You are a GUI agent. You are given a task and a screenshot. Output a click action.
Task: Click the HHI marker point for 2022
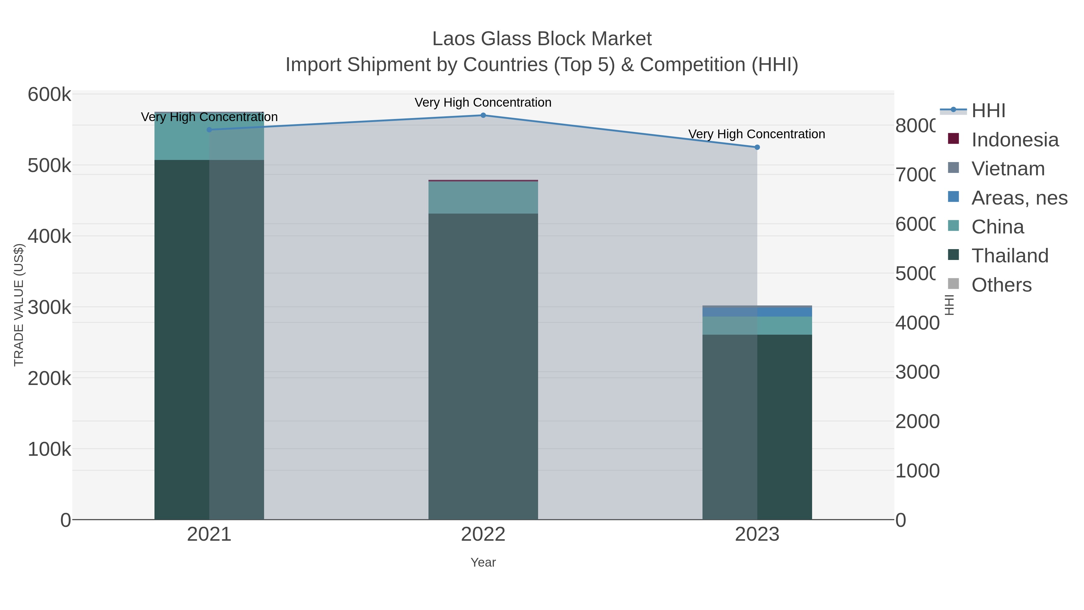pyautogui.click(x=483, y=115)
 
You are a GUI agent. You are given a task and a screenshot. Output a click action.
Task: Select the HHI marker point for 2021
pyautogui.click(x=209, y=130)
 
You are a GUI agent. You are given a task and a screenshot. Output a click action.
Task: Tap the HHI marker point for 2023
pyautogui.click(x=757, y=147)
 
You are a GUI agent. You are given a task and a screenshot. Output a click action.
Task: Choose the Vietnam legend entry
pyautogui.click(x=1008, y=169)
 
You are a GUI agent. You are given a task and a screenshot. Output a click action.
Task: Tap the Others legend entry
pyautogui.click(x=1001, y=285)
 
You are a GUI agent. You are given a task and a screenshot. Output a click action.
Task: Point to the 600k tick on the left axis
pyautogui.click(x=49, y=95)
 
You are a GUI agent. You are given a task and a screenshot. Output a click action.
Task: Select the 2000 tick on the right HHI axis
pyautogui.click(x=917, y=421)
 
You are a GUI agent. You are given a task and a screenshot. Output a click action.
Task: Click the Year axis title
pyautogui.click(x=483, y=562)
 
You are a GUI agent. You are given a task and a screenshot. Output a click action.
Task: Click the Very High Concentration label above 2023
pyautogui.click(x=757, y=134)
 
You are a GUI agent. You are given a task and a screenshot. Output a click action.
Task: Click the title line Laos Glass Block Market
pyautogui.click(x=542, y=39)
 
